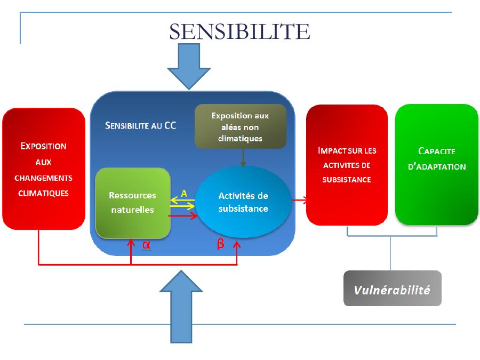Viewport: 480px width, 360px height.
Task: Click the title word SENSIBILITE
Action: (239, 31)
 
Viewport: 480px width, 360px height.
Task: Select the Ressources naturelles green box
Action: (133, 203)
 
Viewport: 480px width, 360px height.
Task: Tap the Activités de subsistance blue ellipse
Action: (243, 202)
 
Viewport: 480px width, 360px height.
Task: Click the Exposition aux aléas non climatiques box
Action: (240, 126)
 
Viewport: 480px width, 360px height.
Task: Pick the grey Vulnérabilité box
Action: (392, 289)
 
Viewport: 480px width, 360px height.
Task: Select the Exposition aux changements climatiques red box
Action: (44, 169)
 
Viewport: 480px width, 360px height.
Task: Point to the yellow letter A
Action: (184, 194)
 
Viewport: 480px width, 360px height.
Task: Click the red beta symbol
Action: (221, 245)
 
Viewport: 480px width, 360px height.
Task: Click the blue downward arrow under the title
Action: (189, 66)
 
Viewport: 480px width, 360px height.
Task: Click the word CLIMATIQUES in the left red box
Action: (44, 193)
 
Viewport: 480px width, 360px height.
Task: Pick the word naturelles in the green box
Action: (133, 210)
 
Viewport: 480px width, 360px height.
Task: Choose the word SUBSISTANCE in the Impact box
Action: (347, 180)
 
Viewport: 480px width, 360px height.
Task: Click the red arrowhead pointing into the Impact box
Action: (306, 200)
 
